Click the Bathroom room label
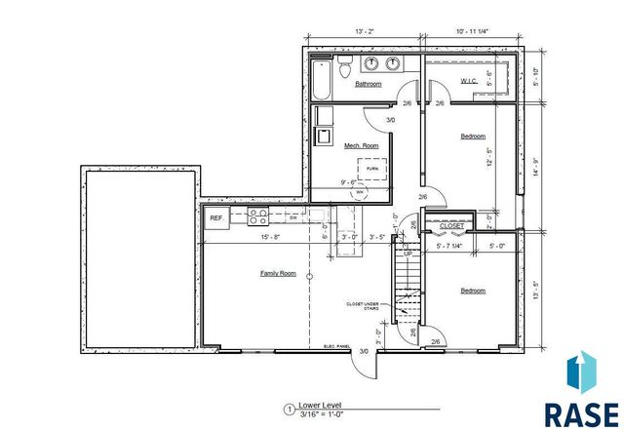[x=368, y=84]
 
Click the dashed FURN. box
[x=372, y=168]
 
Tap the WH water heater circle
[x=359, y=192]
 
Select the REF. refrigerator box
[x=216, y=217]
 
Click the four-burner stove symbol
[x=258, y=216]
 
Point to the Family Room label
[x=277, y=273]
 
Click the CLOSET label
[x=451, y=225]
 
